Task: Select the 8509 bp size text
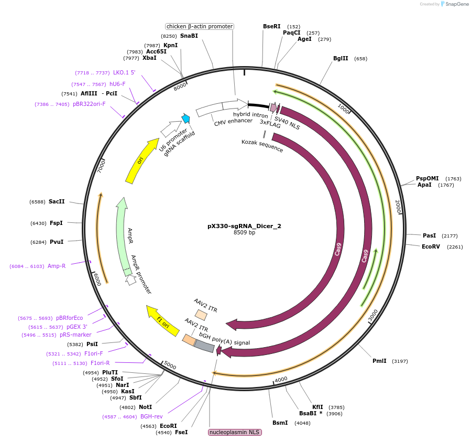coord(244,232)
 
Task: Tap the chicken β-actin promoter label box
coord(199,26)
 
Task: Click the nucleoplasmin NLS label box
coord(234,432)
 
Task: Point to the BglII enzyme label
coord(341,58)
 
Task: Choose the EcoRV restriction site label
coord(431,246)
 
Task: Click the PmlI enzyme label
coord(379,361)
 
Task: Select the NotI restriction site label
coord(145,406)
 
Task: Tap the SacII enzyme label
coord(57,201)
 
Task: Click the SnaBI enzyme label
coord(189,36)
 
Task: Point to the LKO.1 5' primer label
coord(124,72)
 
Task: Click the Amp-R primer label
coord(57,266)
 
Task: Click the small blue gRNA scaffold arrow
coord(185,119)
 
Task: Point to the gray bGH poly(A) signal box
coord(204,346)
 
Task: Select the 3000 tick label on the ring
coord(373,315)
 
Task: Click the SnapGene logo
coord(455,4)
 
